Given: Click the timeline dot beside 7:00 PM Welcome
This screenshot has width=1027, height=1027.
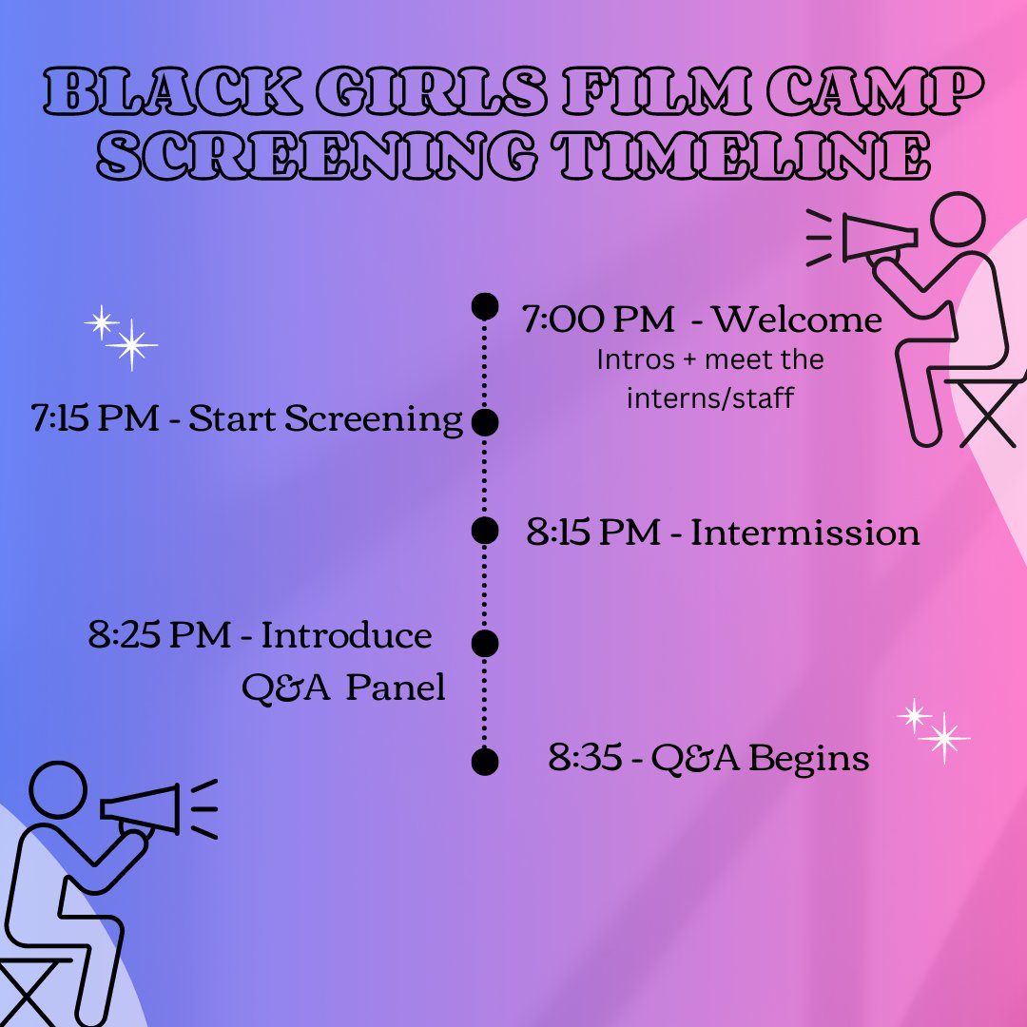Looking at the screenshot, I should [485, 305].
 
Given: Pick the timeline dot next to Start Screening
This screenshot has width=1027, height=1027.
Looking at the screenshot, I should [485, 422].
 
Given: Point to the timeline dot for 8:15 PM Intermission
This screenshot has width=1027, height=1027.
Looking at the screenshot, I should [485, 531].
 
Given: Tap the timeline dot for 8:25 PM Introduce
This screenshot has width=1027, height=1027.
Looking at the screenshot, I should [485, 644].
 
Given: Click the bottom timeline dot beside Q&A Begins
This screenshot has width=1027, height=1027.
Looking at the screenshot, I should [485, 761].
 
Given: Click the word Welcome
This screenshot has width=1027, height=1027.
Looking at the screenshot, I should [797, 320].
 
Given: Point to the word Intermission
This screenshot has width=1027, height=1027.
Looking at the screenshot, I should [804, 533].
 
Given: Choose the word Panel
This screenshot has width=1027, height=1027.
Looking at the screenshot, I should [395, 688].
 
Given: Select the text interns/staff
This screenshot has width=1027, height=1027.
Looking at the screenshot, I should [709, 397].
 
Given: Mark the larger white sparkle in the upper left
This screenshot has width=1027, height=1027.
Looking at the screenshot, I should [131, 344].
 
